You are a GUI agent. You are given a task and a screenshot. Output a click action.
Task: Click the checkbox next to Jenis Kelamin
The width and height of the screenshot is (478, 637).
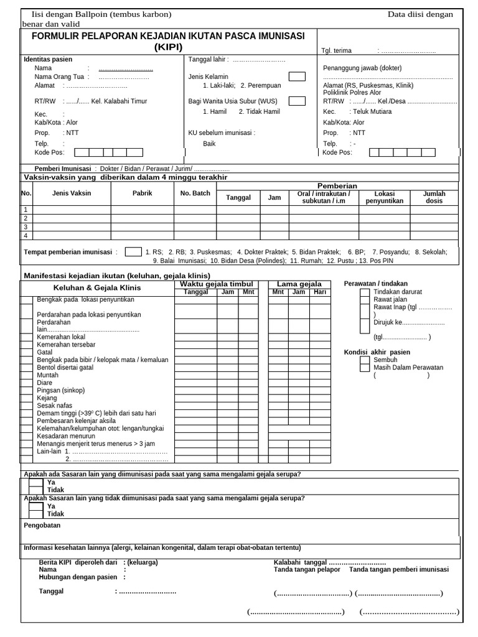297,77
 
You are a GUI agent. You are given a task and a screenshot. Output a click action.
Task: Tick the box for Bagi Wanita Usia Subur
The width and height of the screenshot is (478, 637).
297,101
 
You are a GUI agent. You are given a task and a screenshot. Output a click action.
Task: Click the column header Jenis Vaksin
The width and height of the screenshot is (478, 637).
72,193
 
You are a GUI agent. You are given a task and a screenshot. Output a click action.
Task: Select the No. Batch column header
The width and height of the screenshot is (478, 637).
195,193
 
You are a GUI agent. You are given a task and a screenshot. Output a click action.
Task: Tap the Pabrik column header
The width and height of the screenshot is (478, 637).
142,193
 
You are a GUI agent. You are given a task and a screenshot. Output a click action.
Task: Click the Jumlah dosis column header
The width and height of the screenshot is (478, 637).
434,197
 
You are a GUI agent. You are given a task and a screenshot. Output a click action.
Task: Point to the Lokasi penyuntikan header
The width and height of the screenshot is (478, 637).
385,197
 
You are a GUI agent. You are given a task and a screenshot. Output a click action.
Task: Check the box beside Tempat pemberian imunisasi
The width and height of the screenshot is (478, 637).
133,252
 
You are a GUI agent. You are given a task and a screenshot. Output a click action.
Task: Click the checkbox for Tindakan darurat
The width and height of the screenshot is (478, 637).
365,292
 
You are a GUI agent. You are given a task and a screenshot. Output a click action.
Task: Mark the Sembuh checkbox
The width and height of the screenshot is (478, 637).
365,360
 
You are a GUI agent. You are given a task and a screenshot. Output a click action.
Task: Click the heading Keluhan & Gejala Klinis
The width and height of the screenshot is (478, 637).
97,288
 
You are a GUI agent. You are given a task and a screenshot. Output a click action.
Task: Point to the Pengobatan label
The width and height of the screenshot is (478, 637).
42,526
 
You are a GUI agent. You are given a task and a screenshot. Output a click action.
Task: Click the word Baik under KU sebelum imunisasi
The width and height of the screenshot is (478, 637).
209,144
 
